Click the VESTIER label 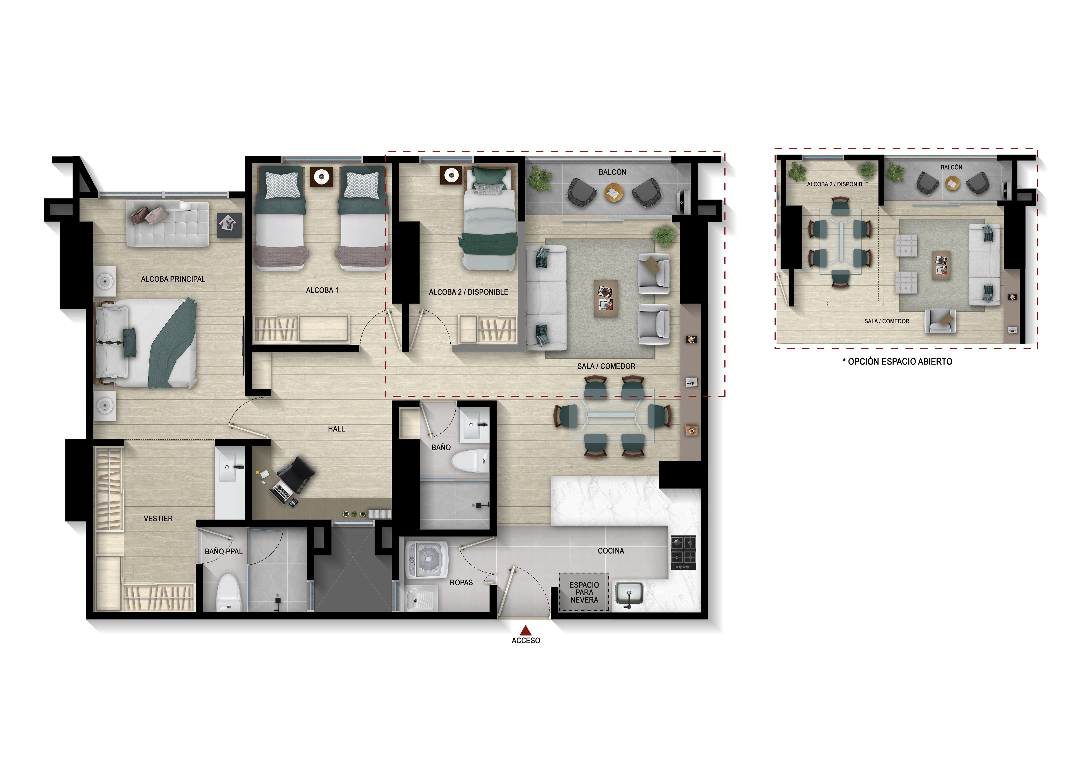[158, 518]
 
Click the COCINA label [611, 551]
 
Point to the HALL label [336, 429]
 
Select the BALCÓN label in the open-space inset [951, 167]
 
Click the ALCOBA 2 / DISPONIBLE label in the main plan [468, 292]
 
